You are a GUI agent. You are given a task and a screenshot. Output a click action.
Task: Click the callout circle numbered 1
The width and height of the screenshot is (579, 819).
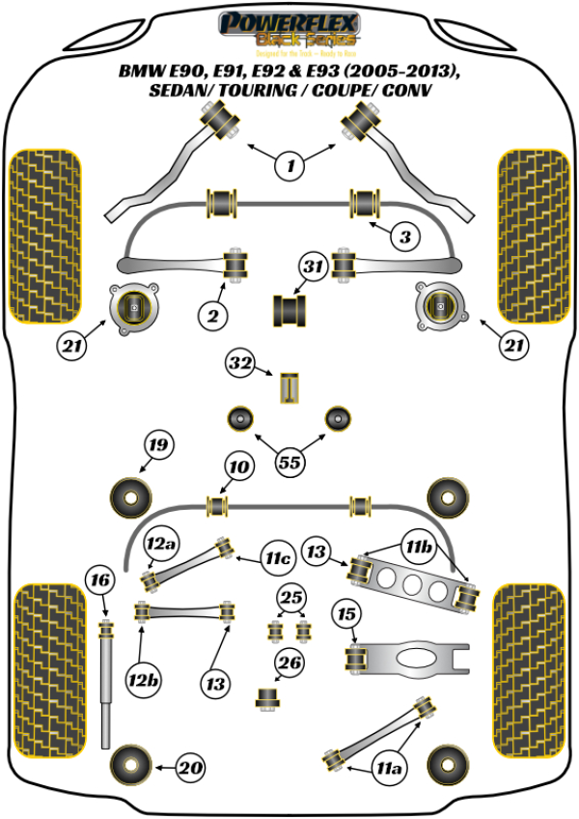click(289, 166)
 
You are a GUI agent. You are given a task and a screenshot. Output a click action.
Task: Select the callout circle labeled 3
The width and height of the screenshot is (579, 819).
click(405, 237)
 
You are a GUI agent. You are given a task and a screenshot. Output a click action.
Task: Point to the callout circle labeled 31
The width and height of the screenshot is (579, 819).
click(312, 266)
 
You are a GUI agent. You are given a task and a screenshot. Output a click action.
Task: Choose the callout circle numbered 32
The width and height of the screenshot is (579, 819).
click(239, 364)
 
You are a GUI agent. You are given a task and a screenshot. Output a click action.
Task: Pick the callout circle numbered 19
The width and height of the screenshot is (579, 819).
click(158, 445)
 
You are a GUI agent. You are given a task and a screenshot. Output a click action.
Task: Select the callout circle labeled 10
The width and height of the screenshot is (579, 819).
click(238, 467)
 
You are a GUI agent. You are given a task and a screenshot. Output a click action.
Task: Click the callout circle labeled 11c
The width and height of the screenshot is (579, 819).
click(279, 558)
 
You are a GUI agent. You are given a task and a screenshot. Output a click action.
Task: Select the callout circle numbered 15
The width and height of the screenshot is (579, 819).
click(345, 613)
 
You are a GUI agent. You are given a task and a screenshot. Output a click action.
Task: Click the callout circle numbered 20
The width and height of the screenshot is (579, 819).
click(193, 768)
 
